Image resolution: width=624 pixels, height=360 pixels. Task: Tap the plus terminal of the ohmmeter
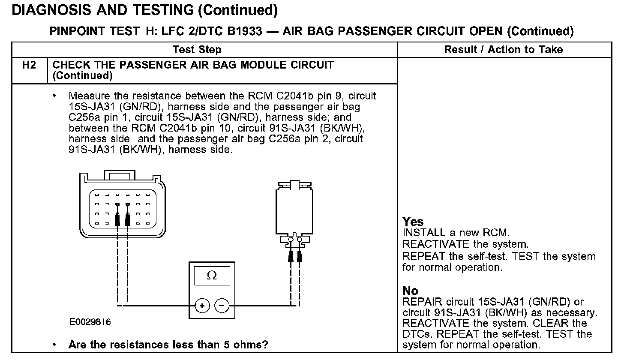point(202,306)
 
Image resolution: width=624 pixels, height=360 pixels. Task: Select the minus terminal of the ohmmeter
point(222,306)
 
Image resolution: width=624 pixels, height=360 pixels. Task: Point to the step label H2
point(29,65)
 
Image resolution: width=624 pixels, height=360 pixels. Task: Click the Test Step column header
point(197,50)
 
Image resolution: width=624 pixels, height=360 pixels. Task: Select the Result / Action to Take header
point(503,50)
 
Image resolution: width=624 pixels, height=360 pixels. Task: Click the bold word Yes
point(413,222)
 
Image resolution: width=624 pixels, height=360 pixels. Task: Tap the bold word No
point(410,291)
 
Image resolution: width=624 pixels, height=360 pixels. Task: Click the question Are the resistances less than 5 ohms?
point(168,345)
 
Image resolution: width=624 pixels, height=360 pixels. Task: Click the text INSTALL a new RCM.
point(456,233)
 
